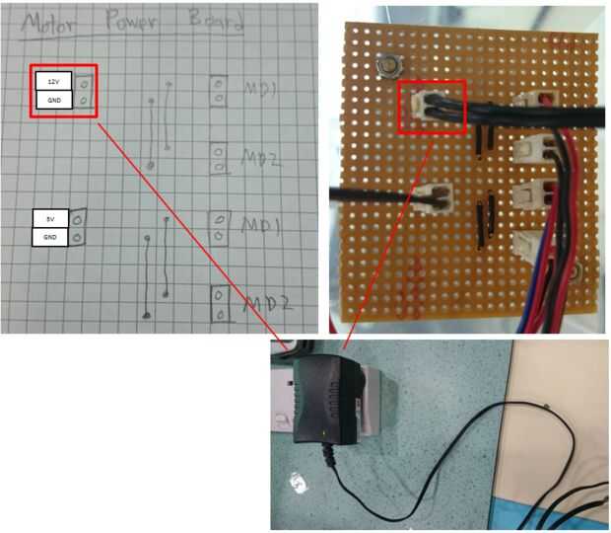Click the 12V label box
pyautogui.click(x=53, y=80)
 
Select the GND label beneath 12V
pyautogui.click(x=53, y=100)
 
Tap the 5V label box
pyautogui.click(x=50, y=218)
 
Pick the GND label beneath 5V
pyautogui.click(x=50, y=237)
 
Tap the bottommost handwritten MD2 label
pyautogui.click(x=265, y=302)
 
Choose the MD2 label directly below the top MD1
pyautogui.click(x=262, y=157)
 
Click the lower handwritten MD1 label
pyautogui.click(x=262, y=227)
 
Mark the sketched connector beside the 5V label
pyautogui.click(x=73, y=227)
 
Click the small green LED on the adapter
pyautogui.click(x=326, y=434)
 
